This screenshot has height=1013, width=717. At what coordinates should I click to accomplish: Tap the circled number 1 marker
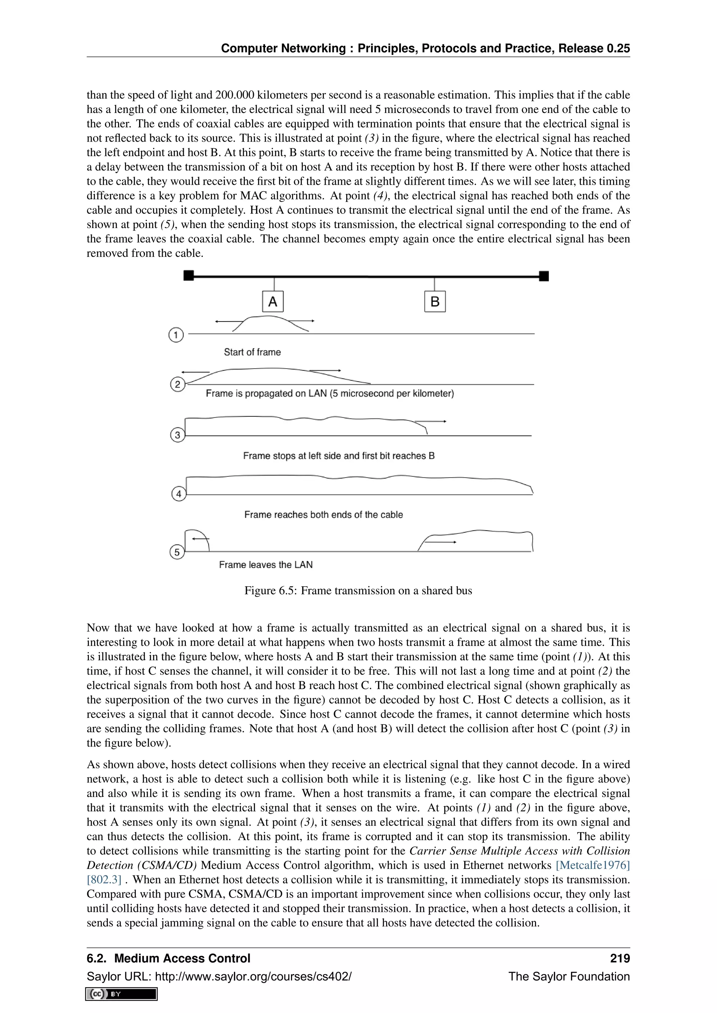coord(176,335)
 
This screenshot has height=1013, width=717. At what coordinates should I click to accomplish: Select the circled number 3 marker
coord(177,435)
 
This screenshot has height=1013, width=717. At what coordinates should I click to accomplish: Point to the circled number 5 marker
coord(177,552)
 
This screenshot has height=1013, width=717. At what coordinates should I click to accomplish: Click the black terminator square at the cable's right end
coord(544,276)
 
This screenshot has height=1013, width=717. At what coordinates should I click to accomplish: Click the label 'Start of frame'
coord(252,352)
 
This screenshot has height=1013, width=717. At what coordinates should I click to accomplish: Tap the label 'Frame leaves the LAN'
coord(265,565)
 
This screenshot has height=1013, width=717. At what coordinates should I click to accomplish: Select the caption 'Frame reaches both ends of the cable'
coord(323,515)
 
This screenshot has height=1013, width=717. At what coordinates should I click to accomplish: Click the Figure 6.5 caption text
coord(358,590)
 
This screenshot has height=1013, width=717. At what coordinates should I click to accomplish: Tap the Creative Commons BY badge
coord(121,994)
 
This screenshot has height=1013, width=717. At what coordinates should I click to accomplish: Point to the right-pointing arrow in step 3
coord(431,422)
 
